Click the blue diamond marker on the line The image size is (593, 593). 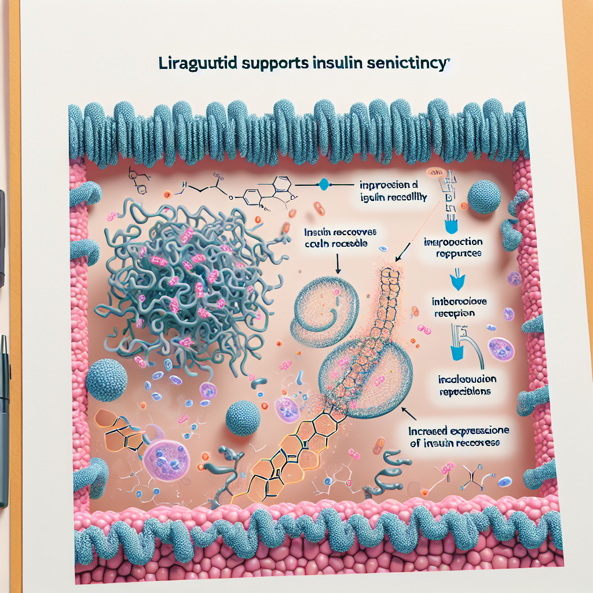pos(324,185)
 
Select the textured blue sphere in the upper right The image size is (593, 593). pos(484,197)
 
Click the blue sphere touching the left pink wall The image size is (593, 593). pos(107,379)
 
